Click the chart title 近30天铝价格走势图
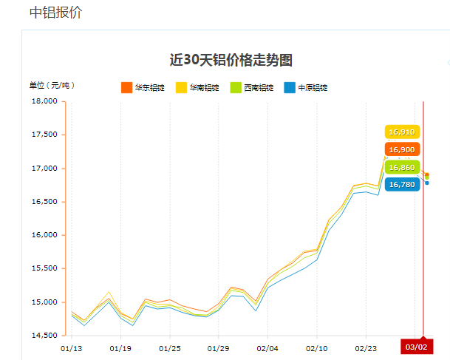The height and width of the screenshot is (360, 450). point(236,61)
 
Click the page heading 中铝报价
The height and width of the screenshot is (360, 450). point(55,13)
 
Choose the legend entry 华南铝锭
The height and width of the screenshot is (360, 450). point(197,88)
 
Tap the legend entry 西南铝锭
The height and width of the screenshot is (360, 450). point(252,88)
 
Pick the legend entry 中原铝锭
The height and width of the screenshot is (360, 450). point(306,88)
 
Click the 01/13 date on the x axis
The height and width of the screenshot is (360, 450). point(72,347)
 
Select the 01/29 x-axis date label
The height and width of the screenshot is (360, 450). point(219,347)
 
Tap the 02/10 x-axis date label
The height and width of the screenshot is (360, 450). point(317,347)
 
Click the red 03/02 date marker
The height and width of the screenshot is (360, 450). point(416,347)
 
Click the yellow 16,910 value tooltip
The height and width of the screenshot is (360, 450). point(402,132)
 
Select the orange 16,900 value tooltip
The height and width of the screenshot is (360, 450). point(402,149)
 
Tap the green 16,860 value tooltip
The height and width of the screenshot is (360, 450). point(402,167)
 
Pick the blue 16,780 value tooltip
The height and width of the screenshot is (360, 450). point(402,184)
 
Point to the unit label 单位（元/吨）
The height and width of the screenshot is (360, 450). point(52,85)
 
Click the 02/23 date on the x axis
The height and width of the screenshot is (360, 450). point(366,347)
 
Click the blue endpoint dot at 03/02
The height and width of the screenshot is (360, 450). point(427,183)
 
